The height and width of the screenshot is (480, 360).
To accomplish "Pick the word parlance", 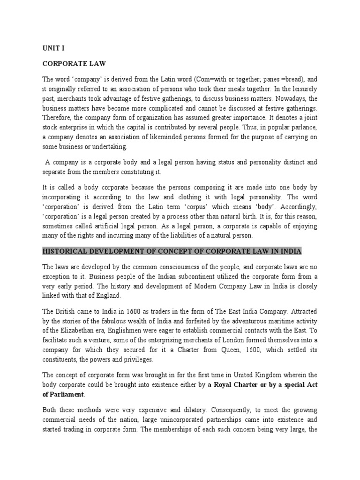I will pos(300,127).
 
